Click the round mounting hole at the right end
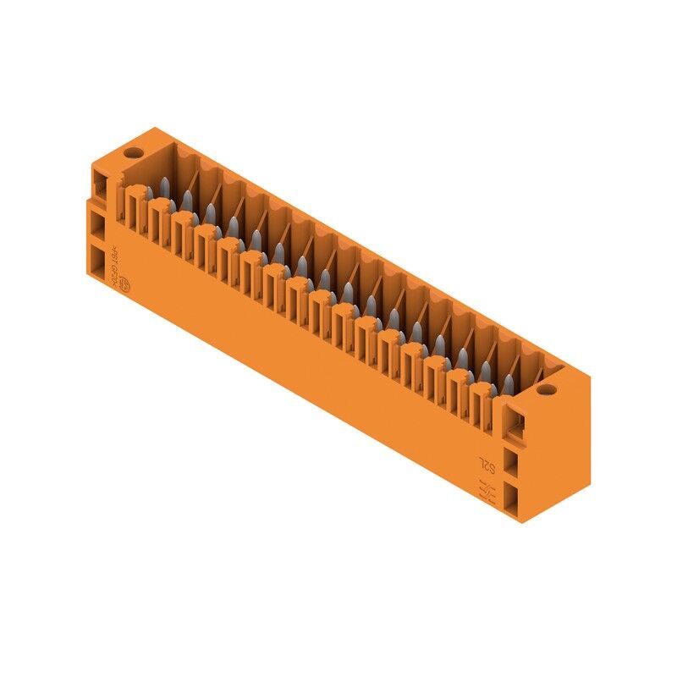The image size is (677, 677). [546, 390]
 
